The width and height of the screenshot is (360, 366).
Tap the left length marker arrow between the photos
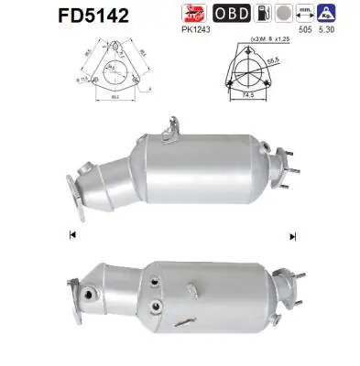click(72, 236)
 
